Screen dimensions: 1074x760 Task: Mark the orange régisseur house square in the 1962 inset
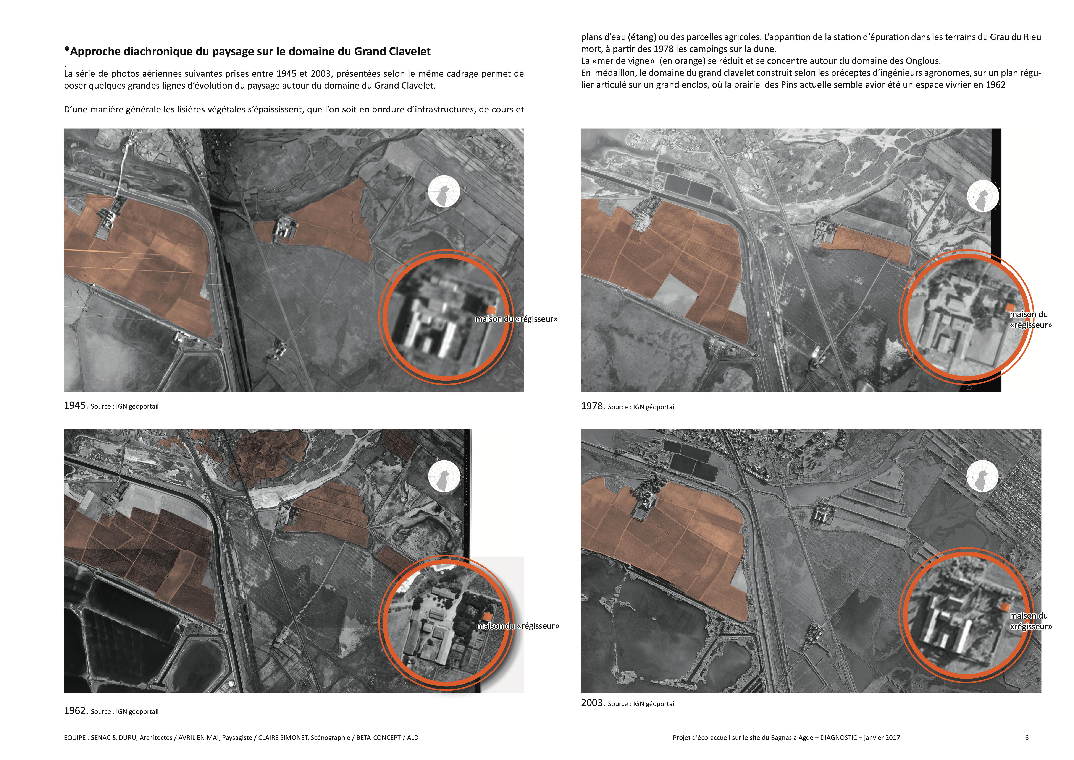(x=488, y=616)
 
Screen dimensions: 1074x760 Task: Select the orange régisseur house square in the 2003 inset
(x=1004, y=606)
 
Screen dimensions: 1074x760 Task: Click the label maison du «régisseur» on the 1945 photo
(x=516, y=319)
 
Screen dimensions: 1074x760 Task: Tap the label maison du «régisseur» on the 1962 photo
(x=518, y=626)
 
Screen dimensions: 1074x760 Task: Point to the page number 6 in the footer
(x=1027, y=737)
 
